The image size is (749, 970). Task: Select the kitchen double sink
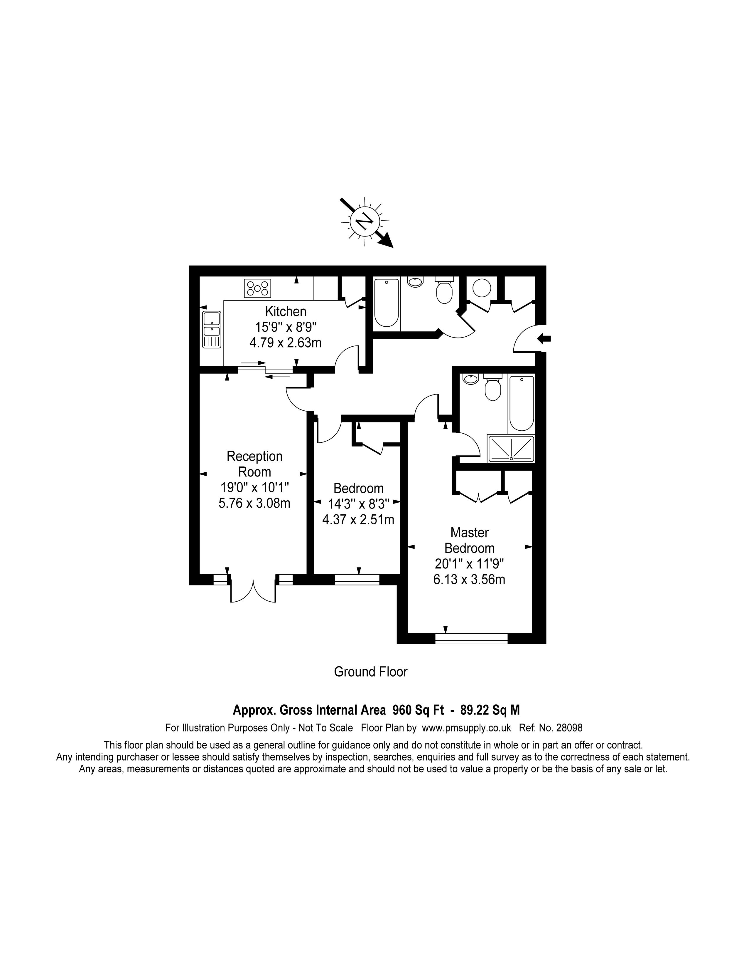pyautogui.click(x=212, y=329)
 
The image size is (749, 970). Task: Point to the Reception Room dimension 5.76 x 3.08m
pyautogui.click(x=255, y=503)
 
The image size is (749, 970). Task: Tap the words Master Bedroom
pyautogui.click(x=470, y=540)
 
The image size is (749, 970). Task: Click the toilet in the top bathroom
pyautogui.click(x=444, y=290)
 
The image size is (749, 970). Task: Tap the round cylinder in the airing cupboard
pyautogui.click(x=482, y=288)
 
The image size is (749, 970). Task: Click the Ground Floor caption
pyautogui.click(x=370, y=672)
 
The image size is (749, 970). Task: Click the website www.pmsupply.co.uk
pyautogui.click(x=466, y=728)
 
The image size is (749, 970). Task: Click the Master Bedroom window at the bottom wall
pyautogui.click(x=471, y=638)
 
